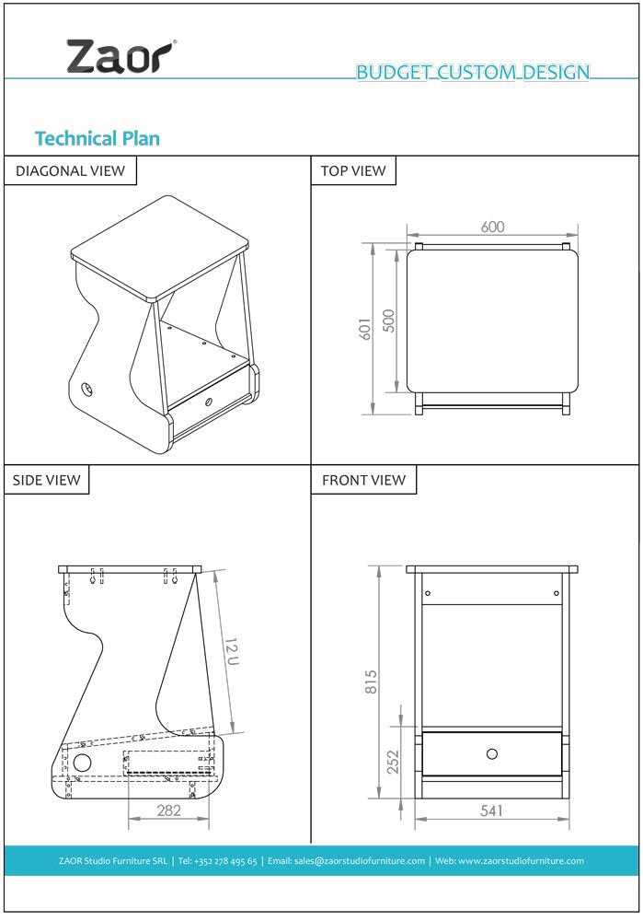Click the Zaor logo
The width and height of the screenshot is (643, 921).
tap(120, 57)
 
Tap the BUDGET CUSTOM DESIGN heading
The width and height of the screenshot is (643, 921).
tap(473, 73)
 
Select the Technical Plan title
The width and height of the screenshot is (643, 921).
tap(97, 138)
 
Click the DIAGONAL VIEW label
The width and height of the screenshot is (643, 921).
tap(70, 170)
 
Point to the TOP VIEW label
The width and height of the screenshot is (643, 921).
tap(353, 170)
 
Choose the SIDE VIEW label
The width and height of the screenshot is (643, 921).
tap(46, 480)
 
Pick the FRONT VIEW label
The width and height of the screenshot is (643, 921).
tap(363, 480)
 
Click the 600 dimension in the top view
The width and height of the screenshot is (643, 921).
tap(493, 227)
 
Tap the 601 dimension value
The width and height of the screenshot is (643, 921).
tap(364, 330)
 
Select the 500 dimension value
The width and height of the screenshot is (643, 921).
tap(389, 320)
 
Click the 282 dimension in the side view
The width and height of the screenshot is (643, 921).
tap(168, 810)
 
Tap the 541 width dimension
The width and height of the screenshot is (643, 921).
tap(492, 810)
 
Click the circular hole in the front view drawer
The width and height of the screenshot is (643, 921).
tap(492, 754)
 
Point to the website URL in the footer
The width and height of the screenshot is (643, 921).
tap(522, 861)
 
